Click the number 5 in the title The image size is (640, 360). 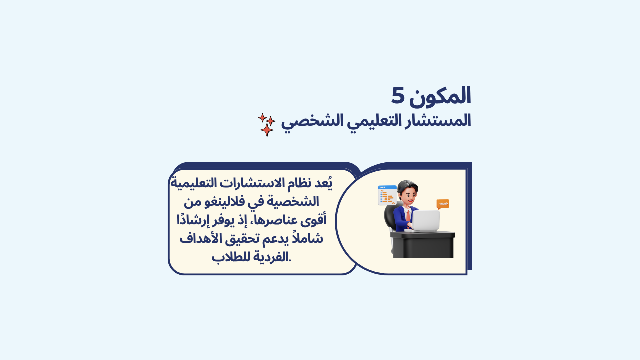tap(398, 95)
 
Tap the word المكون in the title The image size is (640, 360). tap(440, 96)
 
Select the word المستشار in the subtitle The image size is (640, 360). tap(438, 120)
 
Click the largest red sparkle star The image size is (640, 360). tap(267, 130)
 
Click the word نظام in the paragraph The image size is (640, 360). tap(297, 183)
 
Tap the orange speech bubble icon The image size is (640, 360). tap(443, 204)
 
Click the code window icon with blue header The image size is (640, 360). tap(387, 195)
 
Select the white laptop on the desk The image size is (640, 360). tap(424, 221)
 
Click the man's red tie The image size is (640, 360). tap(408, 215)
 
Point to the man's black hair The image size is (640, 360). tap(407, 185)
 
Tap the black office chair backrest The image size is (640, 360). tap(389, 216)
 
